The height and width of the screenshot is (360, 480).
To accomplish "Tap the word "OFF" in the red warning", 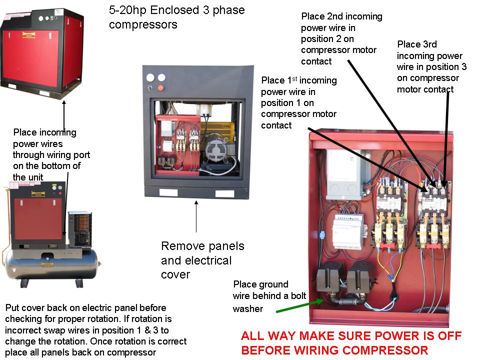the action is (x=449, y=336).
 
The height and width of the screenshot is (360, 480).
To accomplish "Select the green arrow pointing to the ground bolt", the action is (x=300, y=305).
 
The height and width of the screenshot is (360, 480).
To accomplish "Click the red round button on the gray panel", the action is (x=160, y=88).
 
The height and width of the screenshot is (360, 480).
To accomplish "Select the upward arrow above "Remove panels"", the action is (x=196, y=216).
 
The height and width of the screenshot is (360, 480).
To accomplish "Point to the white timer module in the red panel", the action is (x=348, y=231).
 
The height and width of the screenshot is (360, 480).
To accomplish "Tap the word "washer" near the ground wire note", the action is (x=247, y=309).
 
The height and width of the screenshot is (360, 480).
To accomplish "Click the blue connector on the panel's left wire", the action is (x=322, y=235).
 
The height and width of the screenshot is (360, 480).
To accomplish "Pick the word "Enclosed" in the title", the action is (x=175, y=10).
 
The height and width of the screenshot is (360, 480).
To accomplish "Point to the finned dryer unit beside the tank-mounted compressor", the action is (x=79, y=229).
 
